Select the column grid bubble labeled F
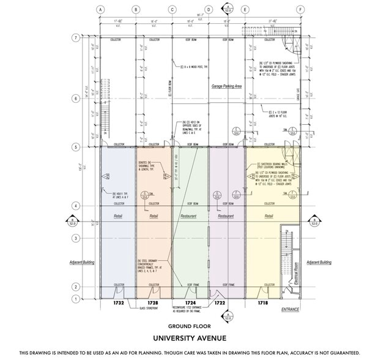(x=300, y=9)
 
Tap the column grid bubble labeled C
(x=172, y=9)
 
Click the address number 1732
(x=119, y=303)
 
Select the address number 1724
(x=190, y=303)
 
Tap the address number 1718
(x=262, y=303)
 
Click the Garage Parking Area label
(x=227, y=87)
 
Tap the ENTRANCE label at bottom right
(x=290, y=309)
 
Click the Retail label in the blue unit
(x=119, y=216)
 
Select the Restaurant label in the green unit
(x=190, y=216)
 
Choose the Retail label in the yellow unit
(x=268, y=216)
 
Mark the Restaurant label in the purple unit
(x=226, y=216)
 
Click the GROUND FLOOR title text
(x=190, y=327)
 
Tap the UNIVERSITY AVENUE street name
(x=190, y=338)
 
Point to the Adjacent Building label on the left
(x=80, y=262)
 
